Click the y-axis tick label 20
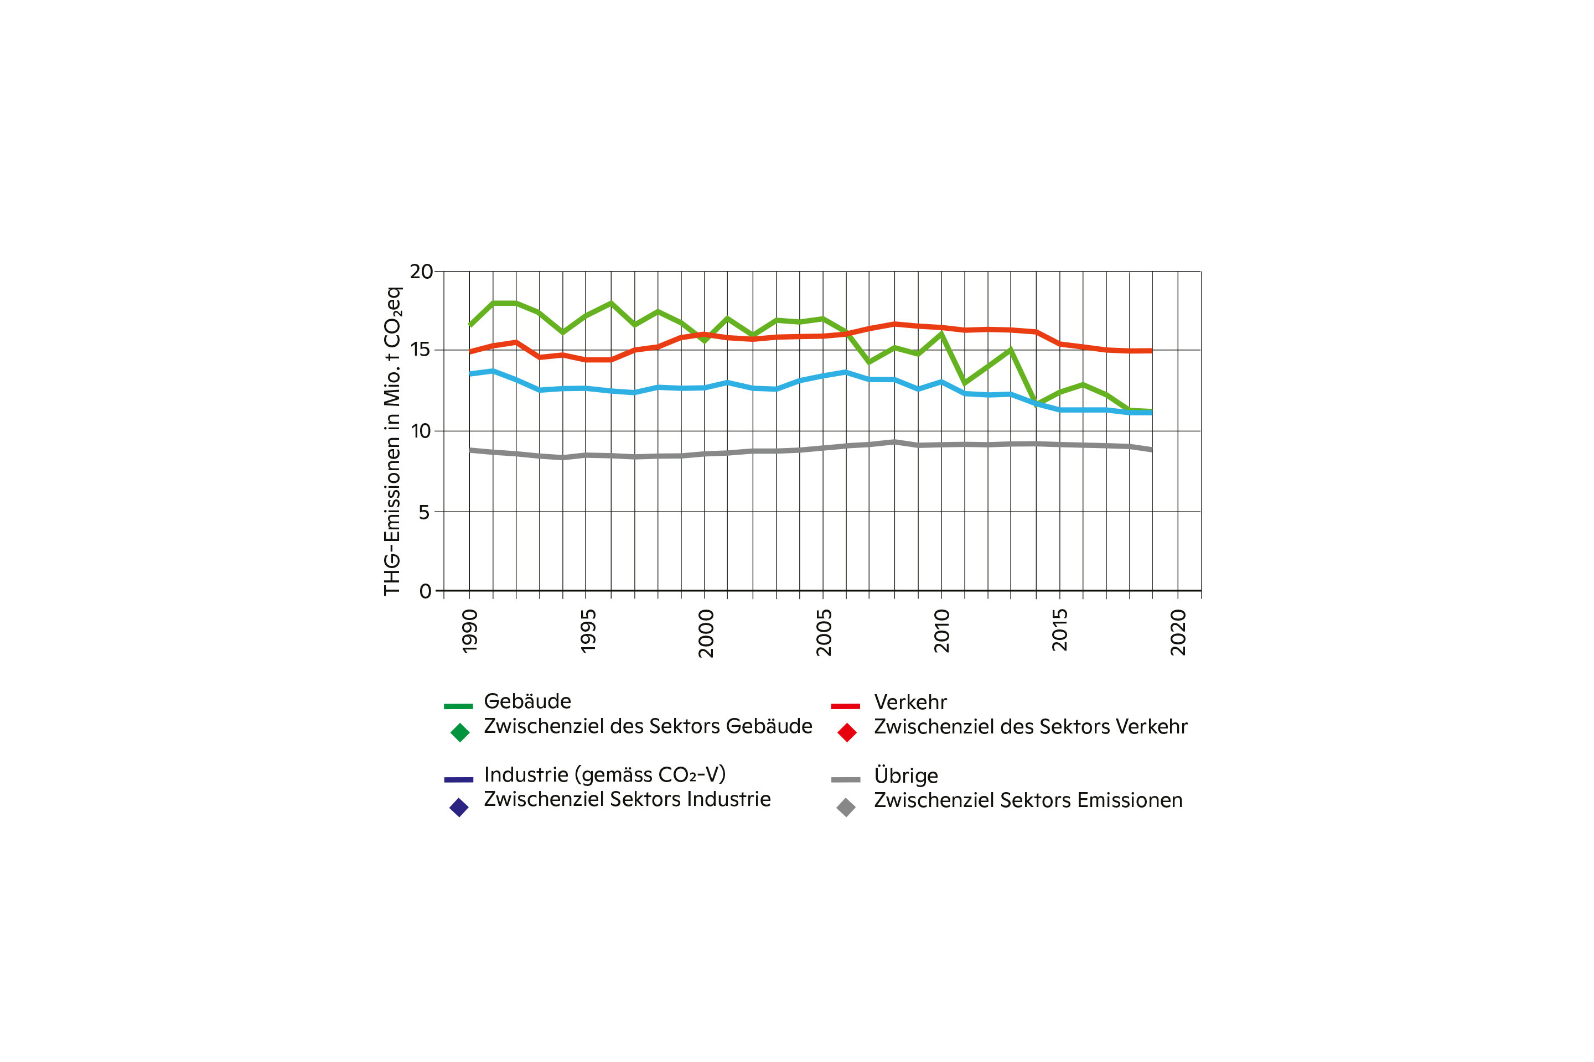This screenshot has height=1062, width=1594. click(x=421, y=272)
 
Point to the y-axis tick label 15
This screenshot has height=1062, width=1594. click(x=420, y=350)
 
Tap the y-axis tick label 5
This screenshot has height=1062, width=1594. click(x=425, y=512)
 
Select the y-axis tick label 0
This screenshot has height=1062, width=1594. click(x=425, y=591)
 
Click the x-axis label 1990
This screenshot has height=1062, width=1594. click(x=470, y=631)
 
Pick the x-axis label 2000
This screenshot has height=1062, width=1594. click(x=706, y=633)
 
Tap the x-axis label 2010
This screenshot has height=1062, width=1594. click(x=941, y=631)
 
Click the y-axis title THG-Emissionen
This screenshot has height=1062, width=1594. click(x=392, y=441)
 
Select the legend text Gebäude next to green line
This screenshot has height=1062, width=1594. click(x=527, y=701)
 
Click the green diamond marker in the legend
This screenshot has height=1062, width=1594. click(x=460, y=732)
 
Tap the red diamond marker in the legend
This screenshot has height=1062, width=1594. click(x=846, y=732)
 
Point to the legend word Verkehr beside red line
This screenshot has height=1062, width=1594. click(x=909, y=702)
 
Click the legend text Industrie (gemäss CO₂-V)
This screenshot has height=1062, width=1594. click(x=604, y=774)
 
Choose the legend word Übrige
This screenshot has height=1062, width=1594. click(x=905, y=775)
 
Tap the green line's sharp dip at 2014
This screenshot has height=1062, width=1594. click(x=1036, y=404)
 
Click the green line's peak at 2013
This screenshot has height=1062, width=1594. click(x=1011, y=350)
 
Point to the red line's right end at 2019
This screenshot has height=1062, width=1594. click(x=1151, y=351)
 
